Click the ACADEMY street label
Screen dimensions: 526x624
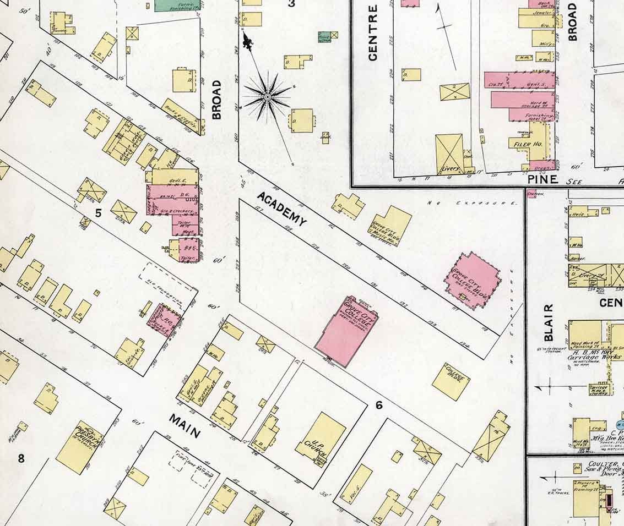281,209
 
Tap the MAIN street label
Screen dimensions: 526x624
185,426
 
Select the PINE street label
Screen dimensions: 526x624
543,179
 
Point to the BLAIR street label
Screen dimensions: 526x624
549,322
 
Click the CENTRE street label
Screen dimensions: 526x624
373,32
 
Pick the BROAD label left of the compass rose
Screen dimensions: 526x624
216,100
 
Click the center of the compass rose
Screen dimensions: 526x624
267,97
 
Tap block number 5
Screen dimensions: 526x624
98,213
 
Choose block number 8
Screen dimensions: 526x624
21,458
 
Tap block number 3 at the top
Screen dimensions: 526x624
291,4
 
